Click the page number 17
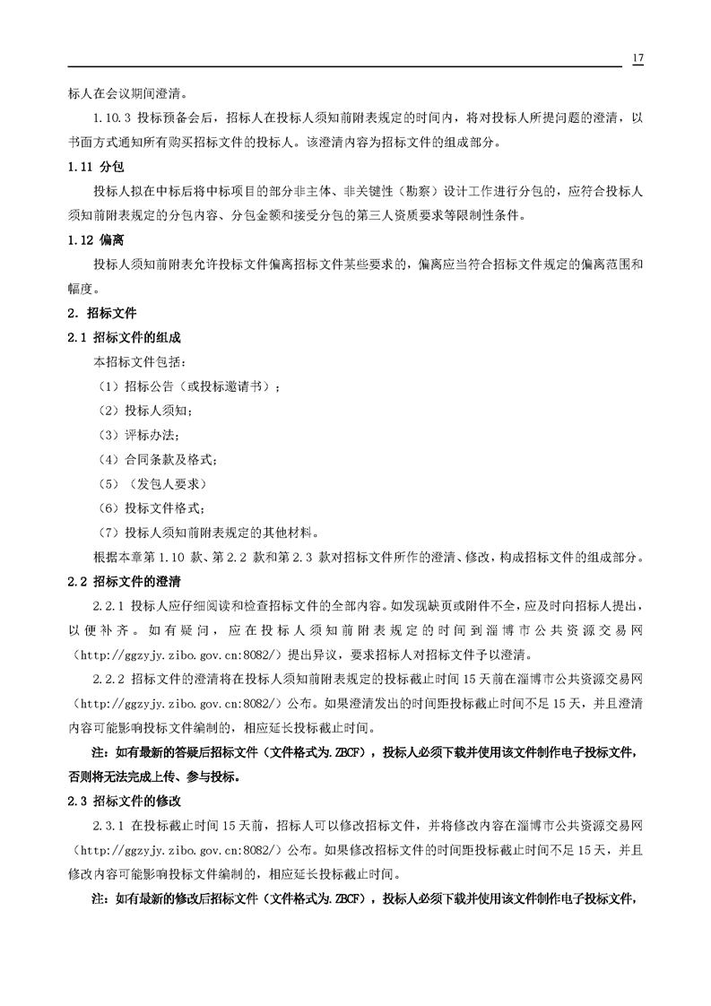637,58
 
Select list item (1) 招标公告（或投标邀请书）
187,386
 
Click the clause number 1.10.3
113,118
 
